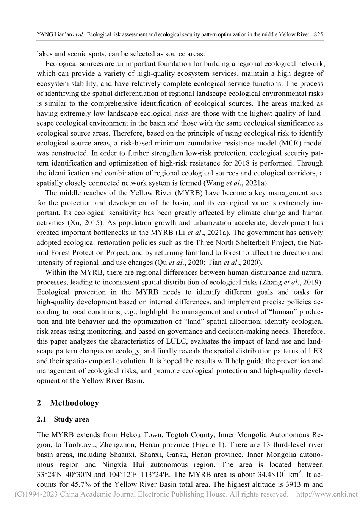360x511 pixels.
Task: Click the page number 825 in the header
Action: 318,34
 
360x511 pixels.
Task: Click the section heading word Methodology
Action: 74,403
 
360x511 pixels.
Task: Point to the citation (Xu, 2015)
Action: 82,223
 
